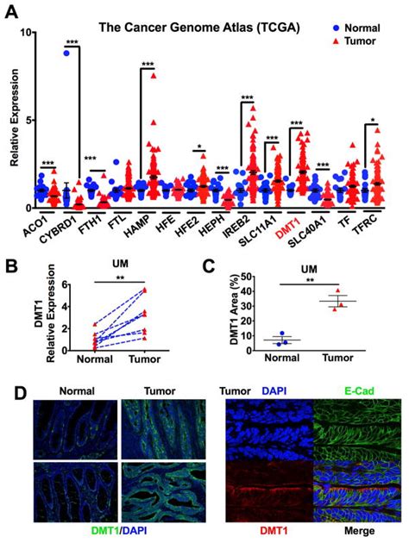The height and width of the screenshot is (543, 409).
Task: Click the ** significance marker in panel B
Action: coord(104,277)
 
